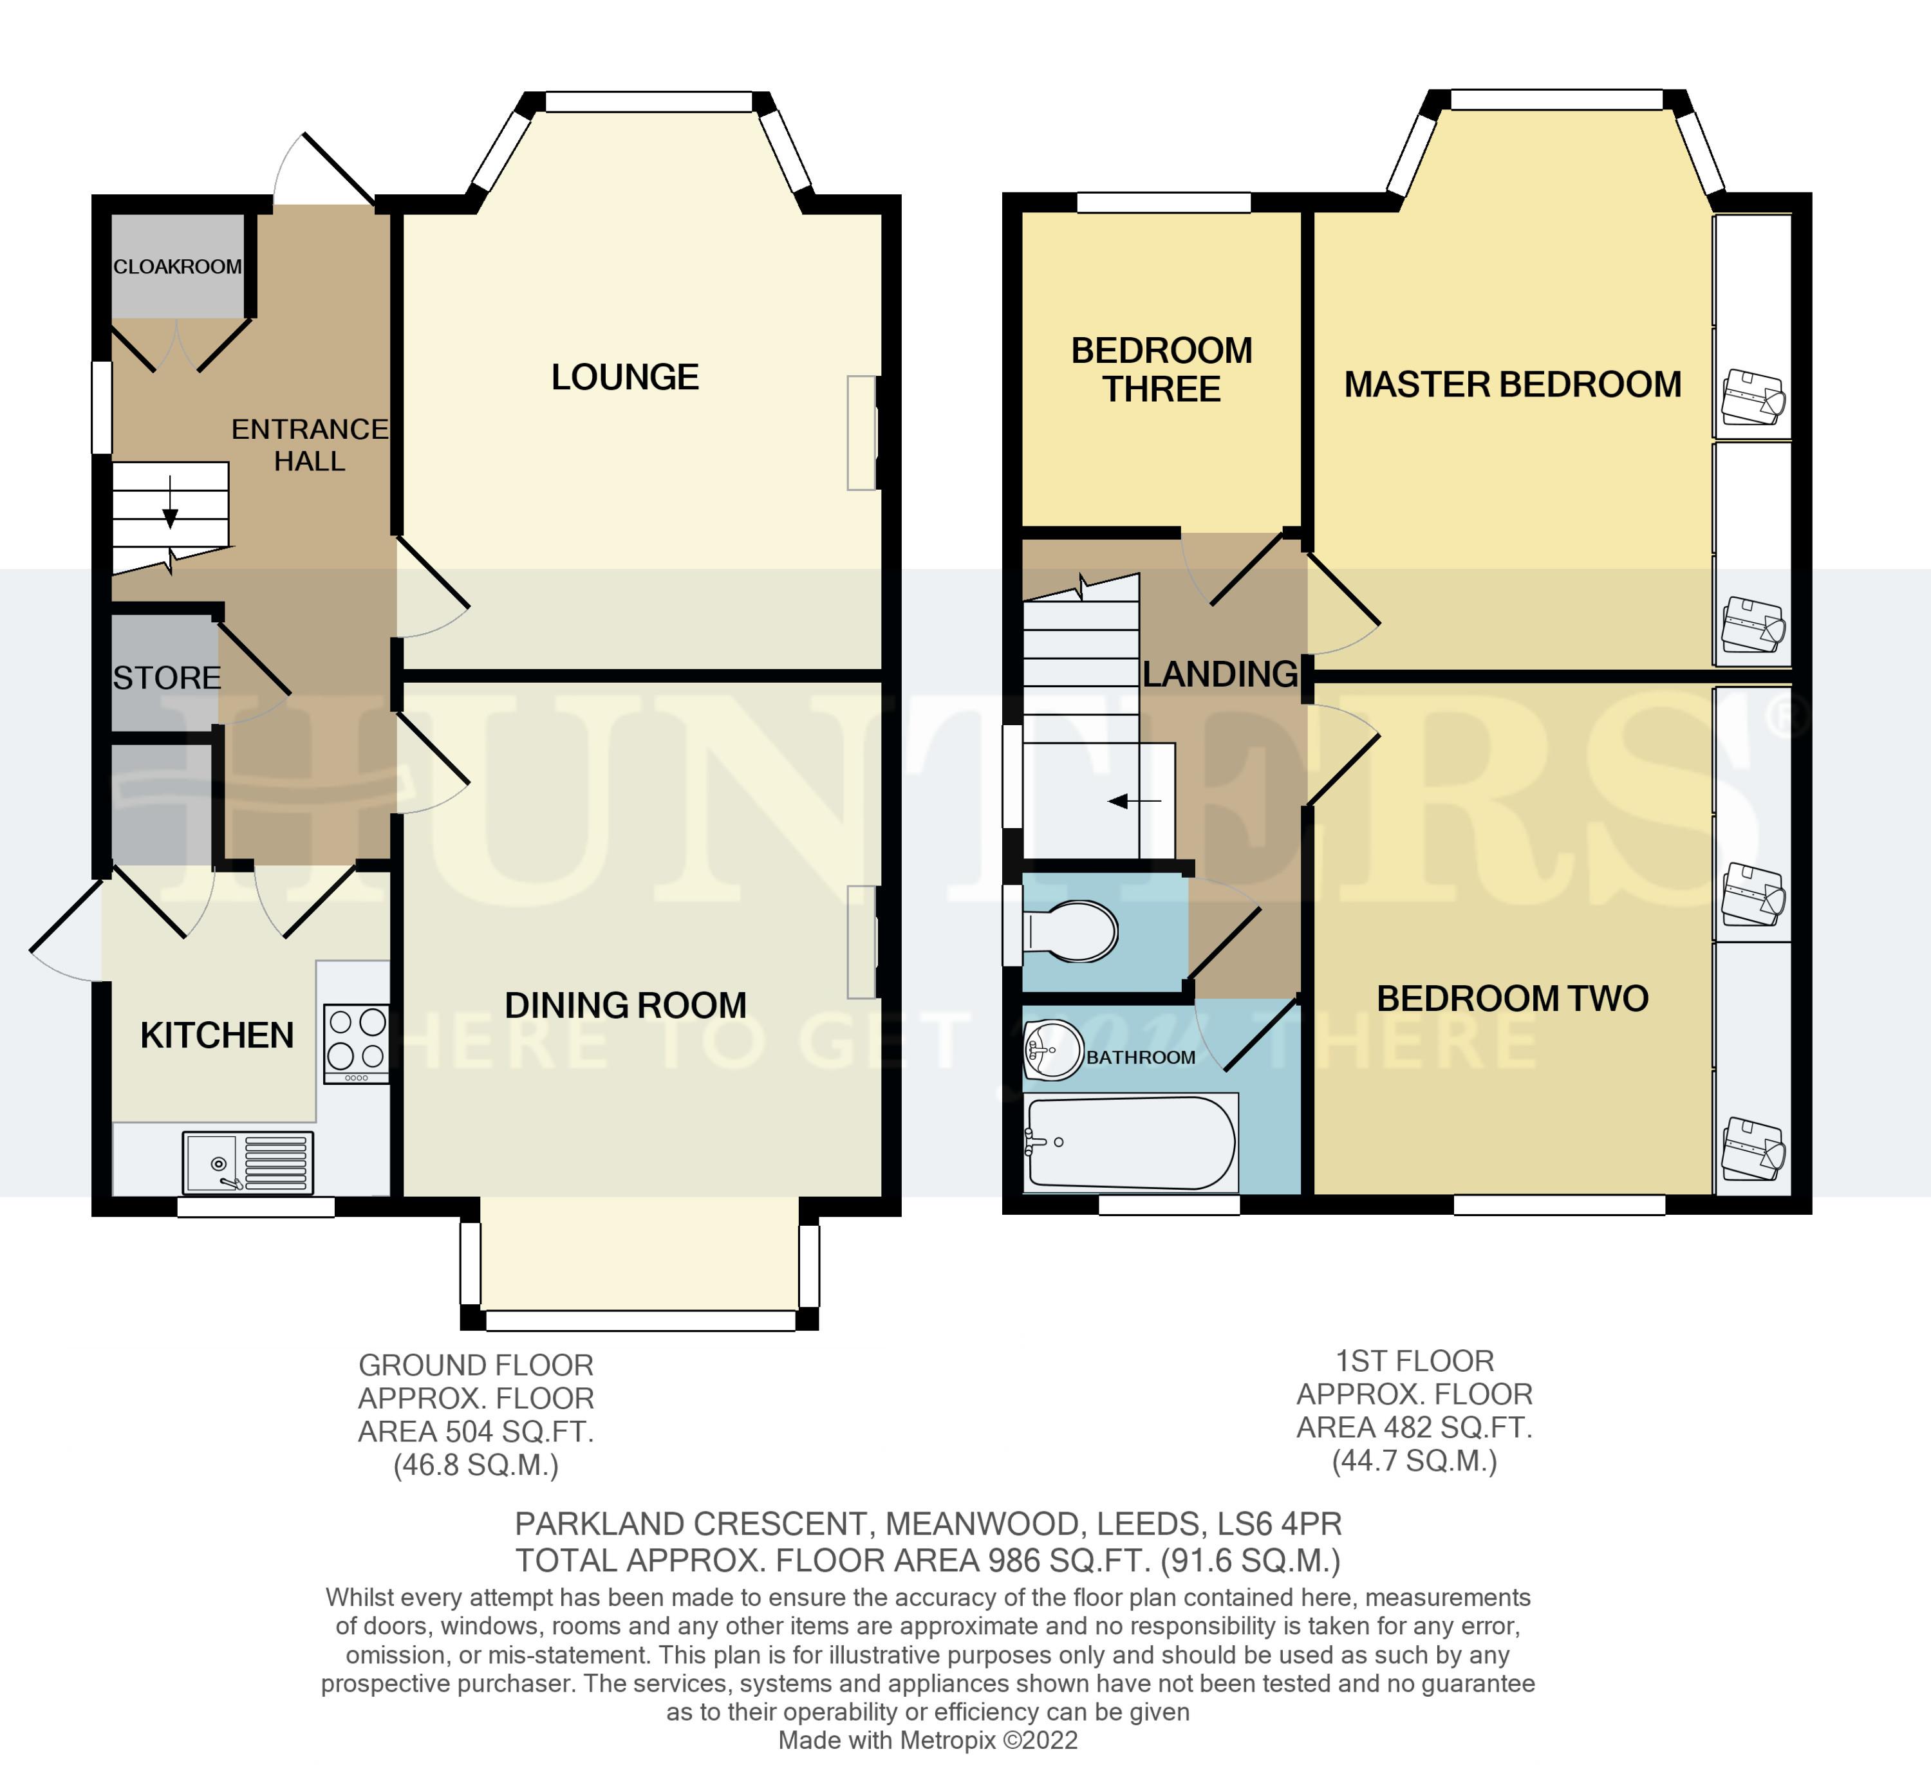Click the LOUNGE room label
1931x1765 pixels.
624,377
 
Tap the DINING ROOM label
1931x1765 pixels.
624,1006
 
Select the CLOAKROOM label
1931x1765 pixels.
177,267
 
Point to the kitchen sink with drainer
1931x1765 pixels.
248,1163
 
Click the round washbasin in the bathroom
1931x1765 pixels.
1052,1049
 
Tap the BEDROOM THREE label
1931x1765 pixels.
1161,369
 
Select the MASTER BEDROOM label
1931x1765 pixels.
1511,385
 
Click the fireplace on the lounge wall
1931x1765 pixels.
862,433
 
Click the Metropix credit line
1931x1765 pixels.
927,1740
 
